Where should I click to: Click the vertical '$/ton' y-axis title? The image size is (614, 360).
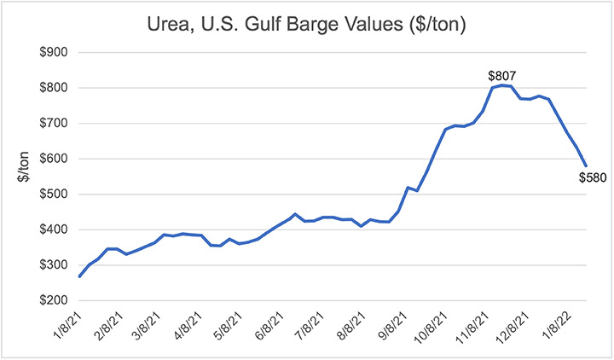point(22,177)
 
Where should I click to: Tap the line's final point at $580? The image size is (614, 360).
point(587,165)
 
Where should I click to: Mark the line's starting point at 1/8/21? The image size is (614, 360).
point(79,276)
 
